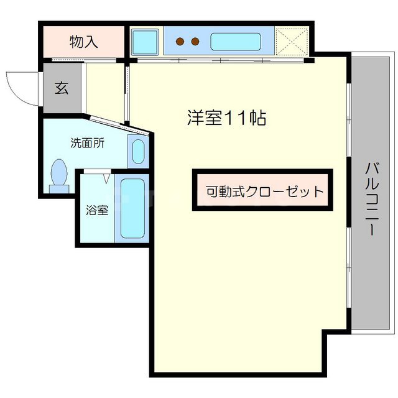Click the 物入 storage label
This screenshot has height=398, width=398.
[x=84, y=42]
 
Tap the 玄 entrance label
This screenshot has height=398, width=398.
[x=61, y=88]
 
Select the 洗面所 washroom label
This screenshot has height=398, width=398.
[x=86, y=142]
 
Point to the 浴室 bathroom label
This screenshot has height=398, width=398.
[x=97, y=210]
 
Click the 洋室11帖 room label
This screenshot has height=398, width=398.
[x=226, y=118]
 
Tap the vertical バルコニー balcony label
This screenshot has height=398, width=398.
[x=372, y=198]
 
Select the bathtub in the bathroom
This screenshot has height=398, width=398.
[x=131, y=209]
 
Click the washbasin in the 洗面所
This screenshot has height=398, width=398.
[x=138, y=151]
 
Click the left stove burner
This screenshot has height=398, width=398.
[x=180, y=42]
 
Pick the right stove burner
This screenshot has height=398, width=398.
[x=195, y=42]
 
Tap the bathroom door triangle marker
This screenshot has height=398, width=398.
[x=106, y=178]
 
